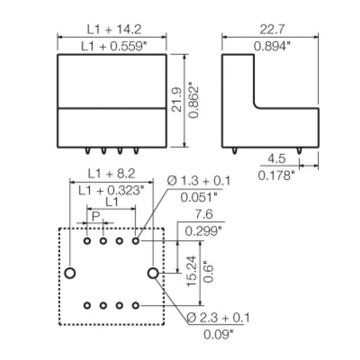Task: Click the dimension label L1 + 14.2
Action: (114, 29)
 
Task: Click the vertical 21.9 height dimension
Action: (177, 100)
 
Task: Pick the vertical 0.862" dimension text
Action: (193, 100)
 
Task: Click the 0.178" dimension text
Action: (276, 175)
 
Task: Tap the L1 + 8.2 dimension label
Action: (112, 173)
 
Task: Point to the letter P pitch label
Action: (95, 216)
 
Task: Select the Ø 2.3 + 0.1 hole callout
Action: (218, 318)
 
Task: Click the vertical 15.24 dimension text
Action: (191, 273)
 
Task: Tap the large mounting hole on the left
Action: (70, 273)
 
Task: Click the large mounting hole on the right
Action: (153, 273)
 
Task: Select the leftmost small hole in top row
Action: (87, 241)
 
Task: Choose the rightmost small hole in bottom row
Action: (135, 306)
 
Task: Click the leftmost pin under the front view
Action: (87, 150)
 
